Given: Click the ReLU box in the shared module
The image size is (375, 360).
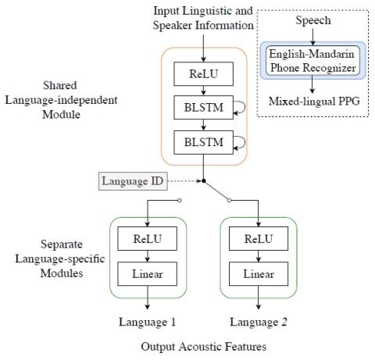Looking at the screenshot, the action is pyautogui.click(x=203, y=74).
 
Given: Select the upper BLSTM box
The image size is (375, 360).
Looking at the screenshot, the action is pyautogui.click(x=203, y=108).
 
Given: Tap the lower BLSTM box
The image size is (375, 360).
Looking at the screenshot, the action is pyautogui.click(x=203, y=142).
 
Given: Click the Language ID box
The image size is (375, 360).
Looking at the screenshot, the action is pyautogui.click(x=133, y=181).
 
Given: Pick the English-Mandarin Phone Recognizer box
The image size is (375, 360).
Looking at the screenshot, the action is pyautogui.click(x=312, y=61).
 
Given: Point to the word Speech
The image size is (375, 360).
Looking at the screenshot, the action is pyautogui.click(x=313, y=20).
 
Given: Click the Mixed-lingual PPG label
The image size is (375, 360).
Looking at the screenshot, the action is pyautogui.click(x=314, y=102).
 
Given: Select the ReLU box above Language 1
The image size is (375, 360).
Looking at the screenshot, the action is pyautogui.click(x=148, y=239).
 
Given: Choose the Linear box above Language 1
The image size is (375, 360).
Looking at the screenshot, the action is pyautogui.click(x=148, y=274).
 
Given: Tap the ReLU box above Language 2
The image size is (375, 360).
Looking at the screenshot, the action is pyautogui.click(x=259, y=239).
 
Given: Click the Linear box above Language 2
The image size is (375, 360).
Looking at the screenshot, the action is pyautogui.click(x=259, y=274).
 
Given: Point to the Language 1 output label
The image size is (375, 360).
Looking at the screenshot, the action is pyautogui.click(x=147, y=323).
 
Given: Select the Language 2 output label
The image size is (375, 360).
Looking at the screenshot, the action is pyautogui.click(x=259, y=323).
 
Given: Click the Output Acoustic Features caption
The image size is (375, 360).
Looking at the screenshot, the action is pyautogui.click(x=204, y=347).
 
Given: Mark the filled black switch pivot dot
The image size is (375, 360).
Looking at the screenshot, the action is pyautogui.click(x=204, y=181).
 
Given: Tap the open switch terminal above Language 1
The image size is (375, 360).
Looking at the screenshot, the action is pyautogui.click(x=179, y=200).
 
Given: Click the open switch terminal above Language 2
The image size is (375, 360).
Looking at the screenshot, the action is pyautogui.click(x=229, y=200).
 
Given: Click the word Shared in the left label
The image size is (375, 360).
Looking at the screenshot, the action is pyautogui.click(x=60, y=85).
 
